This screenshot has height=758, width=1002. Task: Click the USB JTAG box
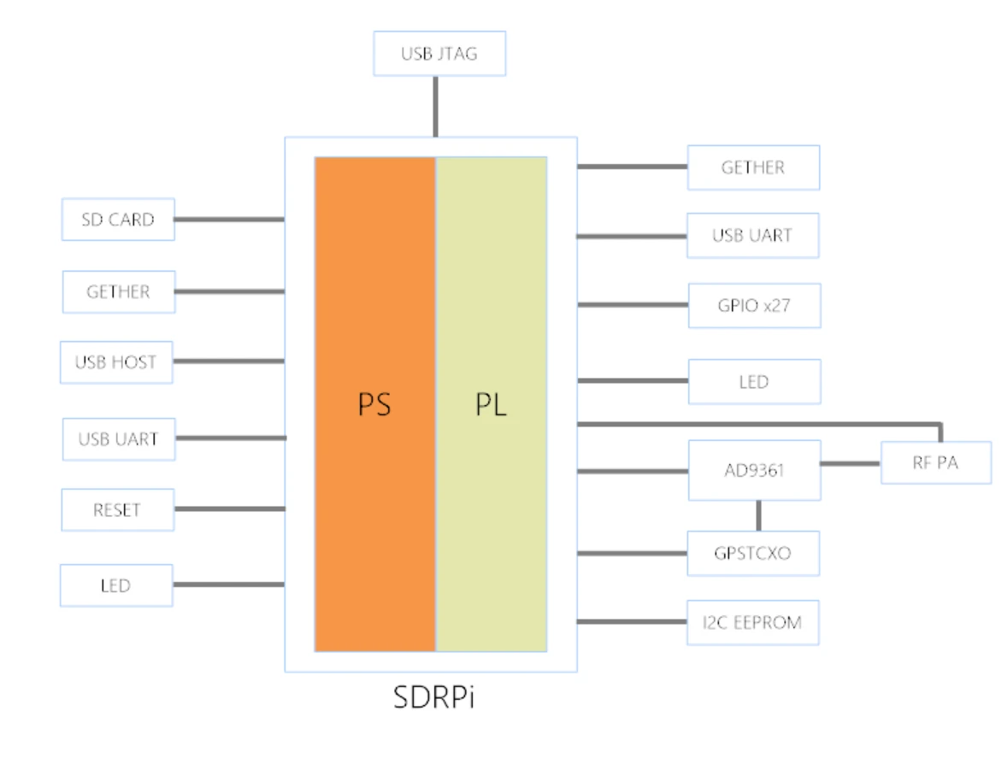tap(439, 54)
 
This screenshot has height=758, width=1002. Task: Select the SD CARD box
tap(118, 220)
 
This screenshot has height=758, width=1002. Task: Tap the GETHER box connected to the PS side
tap(118, 292)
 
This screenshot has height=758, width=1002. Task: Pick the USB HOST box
tap(115, 362)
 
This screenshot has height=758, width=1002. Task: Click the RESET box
tap(117, 510)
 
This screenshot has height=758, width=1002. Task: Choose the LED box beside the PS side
tap(115, 585)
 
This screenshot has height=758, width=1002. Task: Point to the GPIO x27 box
tap(754, 305)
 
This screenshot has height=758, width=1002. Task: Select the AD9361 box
tap(754, 470)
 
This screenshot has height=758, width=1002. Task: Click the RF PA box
tap(935, 463)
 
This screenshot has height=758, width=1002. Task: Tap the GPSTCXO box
tap(753, 553)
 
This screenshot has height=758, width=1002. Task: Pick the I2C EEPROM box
tap(753, 622)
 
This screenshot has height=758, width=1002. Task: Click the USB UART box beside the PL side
tap(752, 236)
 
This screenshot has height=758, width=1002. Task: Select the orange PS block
tap(375, 403)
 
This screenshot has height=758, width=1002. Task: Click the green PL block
tap(492, 403)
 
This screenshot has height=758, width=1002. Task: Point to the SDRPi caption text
tap(433, 697)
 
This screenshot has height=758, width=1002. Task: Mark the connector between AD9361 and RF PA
tap(851, 463)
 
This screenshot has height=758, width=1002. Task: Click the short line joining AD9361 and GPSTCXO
tap(757, 515)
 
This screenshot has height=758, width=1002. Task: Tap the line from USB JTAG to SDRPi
tap(435, 106)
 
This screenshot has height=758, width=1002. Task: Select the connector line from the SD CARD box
tap(229, 220)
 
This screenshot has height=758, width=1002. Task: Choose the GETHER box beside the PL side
tap(753, 167)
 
